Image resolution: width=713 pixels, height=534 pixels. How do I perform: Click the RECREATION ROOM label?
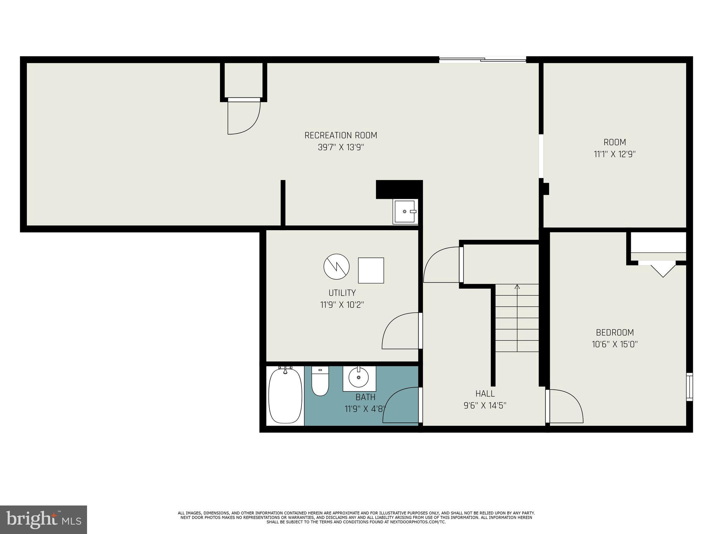(x=340, y=135)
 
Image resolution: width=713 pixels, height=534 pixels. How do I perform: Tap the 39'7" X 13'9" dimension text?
(x=340, y=147)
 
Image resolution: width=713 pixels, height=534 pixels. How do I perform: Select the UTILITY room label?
(x=342, y=293)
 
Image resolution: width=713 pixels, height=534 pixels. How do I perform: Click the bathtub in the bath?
(x=285, y=395)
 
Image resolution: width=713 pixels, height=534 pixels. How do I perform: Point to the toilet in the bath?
(x=320, y=381)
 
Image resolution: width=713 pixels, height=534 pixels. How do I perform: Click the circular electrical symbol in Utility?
(x=336, y=267)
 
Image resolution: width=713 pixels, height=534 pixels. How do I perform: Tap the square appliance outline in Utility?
(x=371, y=270)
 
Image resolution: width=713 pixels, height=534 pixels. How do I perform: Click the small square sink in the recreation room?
(x=405, y=211)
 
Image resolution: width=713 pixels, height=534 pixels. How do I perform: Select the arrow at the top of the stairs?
(x=517, y=287)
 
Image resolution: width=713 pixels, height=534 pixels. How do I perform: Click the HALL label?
(x=485, y=394)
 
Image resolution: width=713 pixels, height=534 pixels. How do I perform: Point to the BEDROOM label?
(x=615, y=332)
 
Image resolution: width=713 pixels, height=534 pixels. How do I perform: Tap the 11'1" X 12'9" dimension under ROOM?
(x=614, y=154)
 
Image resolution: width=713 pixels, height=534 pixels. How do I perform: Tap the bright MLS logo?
(x=44, y=520)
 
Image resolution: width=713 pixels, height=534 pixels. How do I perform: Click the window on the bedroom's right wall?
(x=689, y=387)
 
